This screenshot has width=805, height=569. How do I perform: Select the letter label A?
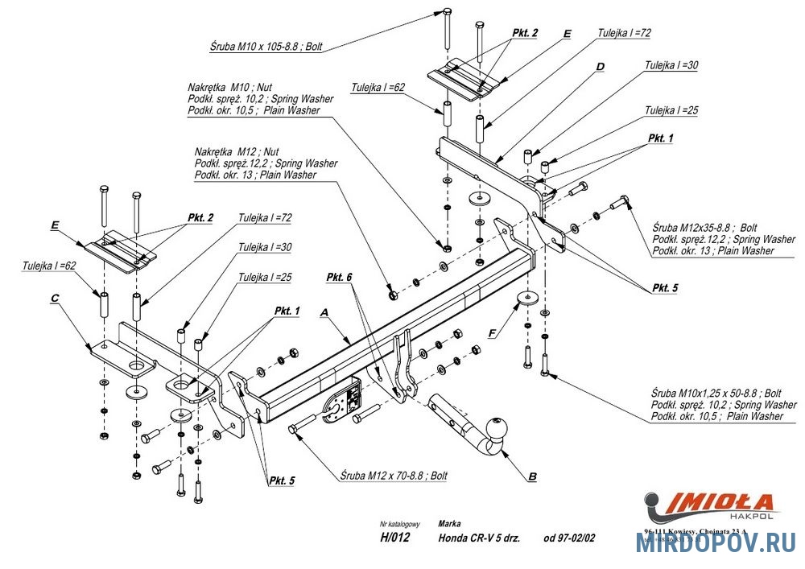pyautogui.click(x=325, y=311)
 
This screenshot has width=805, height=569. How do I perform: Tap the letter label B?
pyautogui.click(x=531, y=477)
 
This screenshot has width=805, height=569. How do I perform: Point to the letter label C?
pyautogui.click(x=55, y=298)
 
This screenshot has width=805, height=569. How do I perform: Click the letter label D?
pyautogui.click(x=600, y=66)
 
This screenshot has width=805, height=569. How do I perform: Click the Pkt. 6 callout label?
pyautogui.click(x=340, y=277)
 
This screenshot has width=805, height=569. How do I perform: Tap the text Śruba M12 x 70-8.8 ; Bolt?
pyautogui.click(x=393, y=476)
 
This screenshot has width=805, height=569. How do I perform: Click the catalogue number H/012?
pyautogui.click(x=394, y=538)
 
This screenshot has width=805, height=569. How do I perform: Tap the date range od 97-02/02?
pyautogui.click(x=570, y=538)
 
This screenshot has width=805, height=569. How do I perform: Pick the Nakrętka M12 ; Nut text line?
pyautogui.click(x=237, y=151)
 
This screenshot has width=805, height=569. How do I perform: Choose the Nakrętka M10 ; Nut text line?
pyautogui.click(x=229, y=87)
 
